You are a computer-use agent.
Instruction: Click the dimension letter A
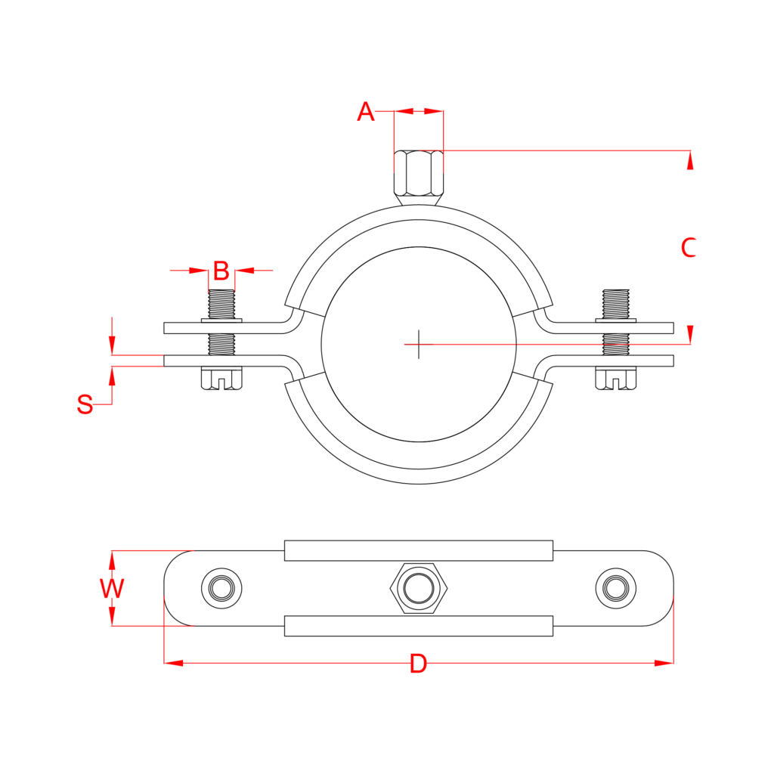point(366,112)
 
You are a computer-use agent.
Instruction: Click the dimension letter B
point(221,270)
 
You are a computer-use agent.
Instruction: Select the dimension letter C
point(688,248)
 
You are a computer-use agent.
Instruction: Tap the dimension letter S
point(85,405)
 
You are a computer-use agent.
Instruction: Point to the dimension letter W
point(112,588)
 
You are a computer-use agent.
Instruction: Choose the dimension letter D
point(418,664)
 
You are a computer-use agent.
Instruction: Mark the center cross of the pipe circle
point(419,344)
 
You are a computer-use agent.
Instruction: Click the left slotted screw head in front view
point(221,379)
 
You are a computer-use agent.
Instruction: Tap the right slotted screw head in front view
point(616,379)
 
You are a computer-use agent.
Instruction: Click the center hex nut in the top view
point(418,587)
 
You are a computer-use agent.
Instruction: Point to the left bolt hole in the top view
point(221,587)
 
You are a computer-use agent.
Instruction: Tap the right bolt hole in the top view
point(616,587)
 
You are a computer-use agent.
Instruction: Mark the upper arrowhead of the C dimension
point(689,160)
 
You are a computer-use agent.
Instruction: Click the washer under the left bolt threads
point(221,321)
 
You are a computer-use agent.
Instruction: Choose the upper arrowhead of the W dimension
point(112,560)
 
